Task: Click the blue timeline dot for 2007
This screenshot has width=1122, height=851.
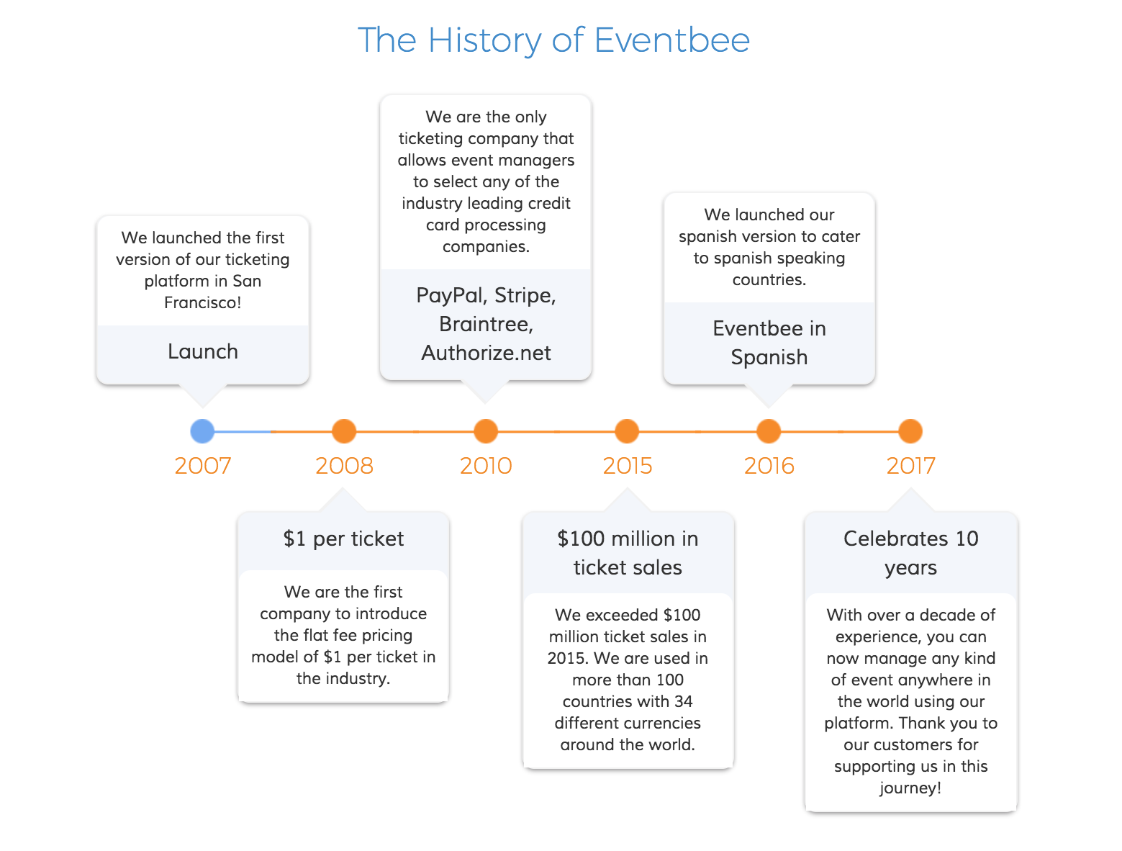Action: coord(202,431)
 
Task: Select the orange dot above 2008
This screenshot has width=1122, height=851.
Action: coord(344,431)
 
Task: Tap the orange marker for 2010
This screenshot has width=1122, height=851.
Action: coord(486,431)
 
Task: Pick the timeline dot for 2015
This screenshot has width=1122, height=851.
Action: coord(627,431)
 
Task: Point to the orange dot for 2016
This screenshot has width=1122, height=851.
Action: coord(769,431)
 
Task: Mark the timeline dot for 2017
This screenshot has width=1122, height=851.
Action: coord(910,431)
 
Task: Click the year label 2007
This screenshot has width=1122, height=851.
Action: coord(203,466)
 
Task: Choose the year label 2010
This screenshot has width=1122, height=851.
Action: coord(486,466)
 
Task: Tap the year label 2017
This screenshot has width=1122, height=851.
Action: coord(910,466)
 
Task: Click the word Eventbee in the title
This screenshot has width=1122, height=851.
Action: coord(672,40)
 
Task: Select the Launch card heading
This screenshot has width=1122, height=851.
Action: coord(203,351)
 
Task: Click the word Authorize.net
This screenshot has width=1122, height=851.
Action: coord(486,353)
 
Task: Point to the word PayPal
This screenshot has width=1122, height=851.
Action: coord(450,295)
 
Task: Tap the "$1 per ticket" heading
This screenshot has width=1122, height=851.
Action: coord(343,539)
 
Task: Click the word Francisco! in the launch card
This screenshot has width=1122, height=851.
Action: coord(203,302)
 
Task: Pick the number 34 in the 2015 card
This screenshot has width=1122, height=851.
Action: coord(683,701)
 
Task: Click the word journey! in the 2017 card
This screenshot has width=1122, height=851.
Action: coord(910,788)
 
